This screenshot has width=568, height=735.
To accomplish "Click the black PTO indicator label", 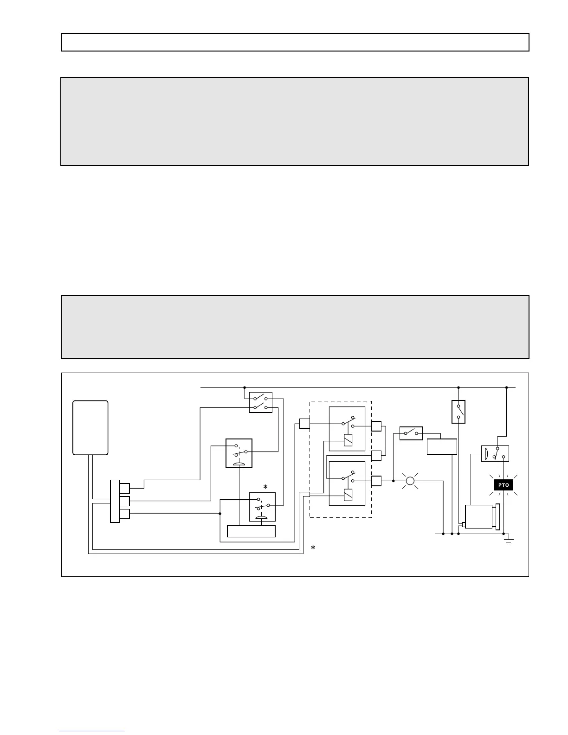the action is [x=503, y=485].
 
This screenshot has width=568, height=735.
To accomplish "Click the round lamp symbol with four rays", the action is [x=410, y=481].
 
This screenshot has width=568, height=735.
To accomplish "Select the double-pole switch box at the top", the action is [x=260, y=402].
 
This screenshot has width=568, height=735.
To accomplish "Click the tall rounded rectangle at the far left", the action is [x=90, y=427].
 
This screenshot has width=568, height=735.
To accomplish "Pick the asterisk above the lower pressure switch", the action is [x=265, y=487].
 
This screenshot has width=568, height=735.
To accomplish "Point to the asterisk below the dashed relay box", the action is [x=313, y=548].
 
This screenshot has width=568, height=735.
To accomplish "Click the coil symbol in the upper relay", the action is [x=348, y=439].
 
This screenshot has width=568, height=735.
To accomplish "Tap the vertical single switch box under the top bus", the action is [x=458, y=412].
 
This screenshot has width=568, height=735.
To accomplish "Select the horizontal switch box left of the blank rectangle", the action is [x=411, y=433].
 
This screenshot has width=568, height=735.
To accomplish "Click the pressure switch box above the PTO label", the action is [x=495, y=453].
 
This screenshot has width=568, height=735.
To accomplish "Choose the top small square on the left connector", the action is [x=124, y=488].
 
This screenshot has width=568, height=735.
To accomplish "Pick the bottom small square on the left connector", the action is [x=124, y=514].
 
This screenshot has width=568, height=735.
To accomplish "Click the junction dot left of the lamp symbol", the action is [x=393, y=481].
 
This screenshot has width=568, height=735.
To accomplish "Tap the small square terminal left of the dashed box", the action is [x=304, y=423].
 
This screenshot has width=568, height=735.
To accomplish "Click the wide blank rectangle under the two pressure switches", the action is [x=251, y=531].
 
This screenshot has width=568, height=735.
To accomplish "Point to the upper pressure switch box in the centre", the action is [x=239, y=453].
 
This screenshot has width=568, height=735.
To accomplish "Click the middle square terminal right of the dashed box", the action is [x=376, y=456].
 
